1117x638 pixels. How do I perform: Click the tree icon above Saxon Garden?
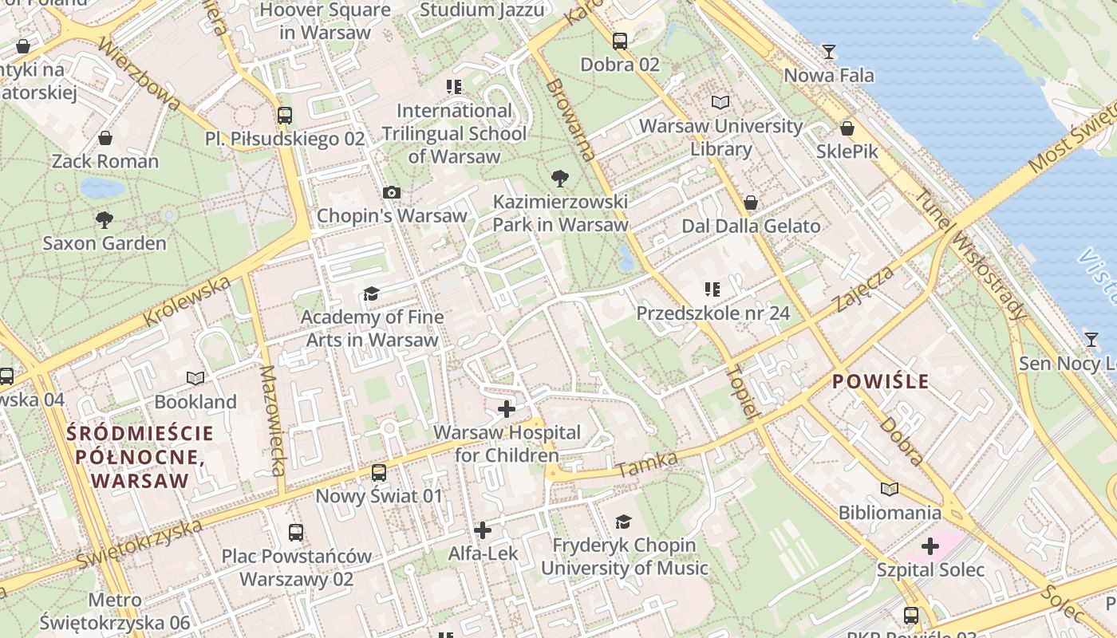click(104, 219)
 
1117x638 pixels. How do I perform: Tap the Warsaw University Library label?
click(720, 137)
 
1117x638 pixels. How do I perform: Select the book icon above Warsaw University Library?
click(720, 102)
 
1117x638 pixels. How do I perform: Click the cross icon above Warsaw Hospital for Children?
click(506, 409)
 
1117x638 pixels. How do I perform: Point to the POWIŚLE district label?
click(881, 381)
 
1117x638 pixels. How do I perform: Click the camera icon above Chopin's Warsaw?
click(391, 192)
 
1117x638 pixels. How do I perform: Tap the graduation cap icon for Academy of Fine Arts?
click(371, 294)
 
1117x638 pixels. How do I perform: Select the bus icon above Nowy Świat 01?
click(379, 472)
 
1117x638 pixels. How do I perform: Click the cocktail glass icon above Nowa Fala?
click(829, 52)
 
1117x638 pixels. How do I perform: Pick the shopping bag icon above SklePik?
click(847, 128)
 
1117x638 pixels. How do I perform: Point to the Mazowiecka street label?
click(272, 420)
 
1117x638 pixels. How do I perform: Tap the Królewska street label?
click(187, 301)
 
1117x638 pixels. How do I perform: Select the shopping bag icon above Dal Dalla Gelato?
click(750, 203)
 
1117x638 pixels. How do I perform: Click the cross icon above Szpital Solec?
click(930, 546)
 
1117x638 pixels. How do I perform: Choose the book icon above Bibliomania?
click(889, 488)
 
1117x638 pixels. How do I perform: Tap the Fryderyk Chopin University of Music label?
click(625, 557)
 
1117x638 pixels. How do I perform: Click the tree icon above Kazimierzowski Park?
click(560, 178)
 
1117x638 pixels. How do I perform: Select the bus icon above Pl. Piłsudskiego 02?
click(285, 115)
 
